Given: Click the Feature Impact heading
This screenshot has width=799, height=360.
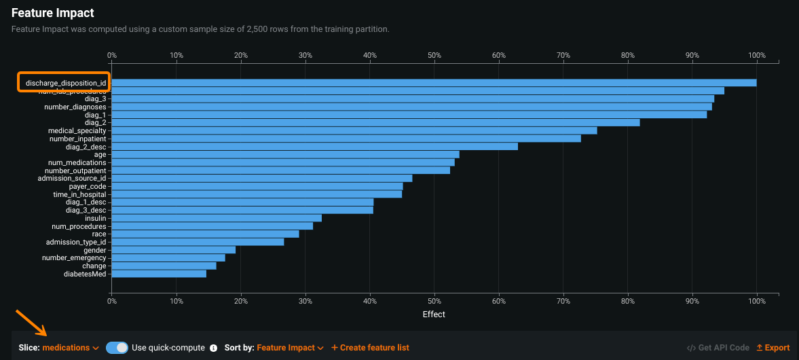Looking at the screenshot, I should coord(52,13).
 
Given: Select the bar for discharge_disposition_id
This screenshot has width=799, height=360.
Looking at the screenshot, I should coord(434,83).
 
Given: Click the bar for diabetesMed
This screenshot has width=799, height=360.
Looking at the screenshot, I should coord(158,274).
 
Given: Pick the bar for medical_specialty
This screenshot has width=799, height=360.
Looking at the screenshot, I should coord(354,130).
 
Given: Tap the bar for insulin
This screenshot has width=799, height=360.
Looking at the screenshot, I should coord(216,218).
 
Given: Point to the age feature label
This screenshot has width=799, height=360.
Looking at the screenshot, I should coord(100,154).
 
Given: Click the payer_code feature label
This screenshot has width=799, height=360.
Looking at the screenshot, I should coord(88,186).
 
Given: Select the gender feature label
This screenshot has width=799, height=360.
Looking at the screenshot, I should coord(94,250).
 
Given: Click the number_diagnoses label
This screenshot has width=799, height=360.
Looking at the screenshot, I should coord(75,107).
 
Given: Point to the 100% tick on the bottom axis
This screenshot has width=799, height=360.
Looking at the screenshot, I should coord(756,301).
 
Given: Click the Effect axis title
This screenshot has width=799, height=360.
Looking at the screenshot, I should coord(434,314).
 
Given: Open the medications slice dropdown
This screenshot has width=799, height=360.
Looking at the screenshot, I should coord(70,348).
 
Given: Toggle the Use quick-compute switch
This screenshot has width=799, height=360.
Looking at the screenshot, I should coord(117,348).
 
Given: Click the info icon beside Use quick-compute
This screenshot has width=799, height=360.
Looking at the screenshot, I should coord(213,348).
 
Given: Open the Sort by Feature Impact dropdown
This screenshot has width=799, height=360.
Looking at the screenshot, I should coord(290,348).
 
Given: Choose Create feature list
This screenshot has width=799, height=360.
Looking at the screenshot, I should coord(370,348).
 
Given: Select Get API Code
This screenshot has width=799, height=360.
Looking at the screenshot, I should coord(718,348).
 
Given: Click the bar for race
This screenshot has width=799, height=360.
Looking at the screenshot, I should coord(205,234).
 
